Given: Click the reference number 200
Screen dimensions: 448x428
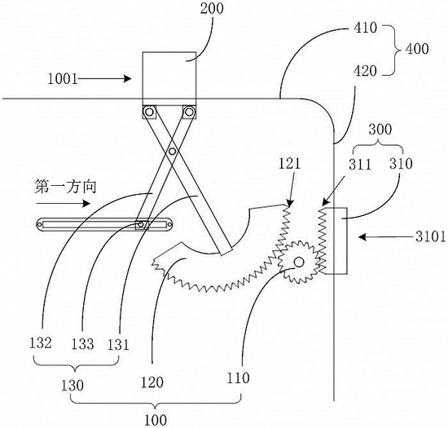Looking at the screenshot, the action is pos(212,9).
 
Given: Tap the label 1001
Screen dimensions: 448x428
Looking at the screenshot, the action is pos(63,78).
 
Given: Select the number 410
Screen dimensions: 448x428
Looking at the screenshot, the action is pos(366,28).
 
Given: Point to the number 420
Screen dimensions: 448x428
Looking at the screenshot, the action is pos(366,71).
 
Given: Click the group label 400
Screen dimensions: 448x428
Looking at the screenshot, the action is pos(417,49).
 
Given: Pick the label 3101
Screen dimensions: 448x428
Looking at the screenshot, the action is pos(431,237).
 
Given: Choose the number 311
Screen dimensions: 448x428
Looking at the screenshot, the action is pos(360,165).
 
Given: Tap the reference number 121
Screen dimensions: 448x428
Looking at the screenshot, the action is pos(289,164).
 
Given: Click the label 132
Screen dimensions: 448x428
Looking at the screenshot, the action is pos(41,342).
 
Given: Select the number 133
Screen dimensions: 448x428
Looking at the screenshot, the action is pos(82,344).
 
